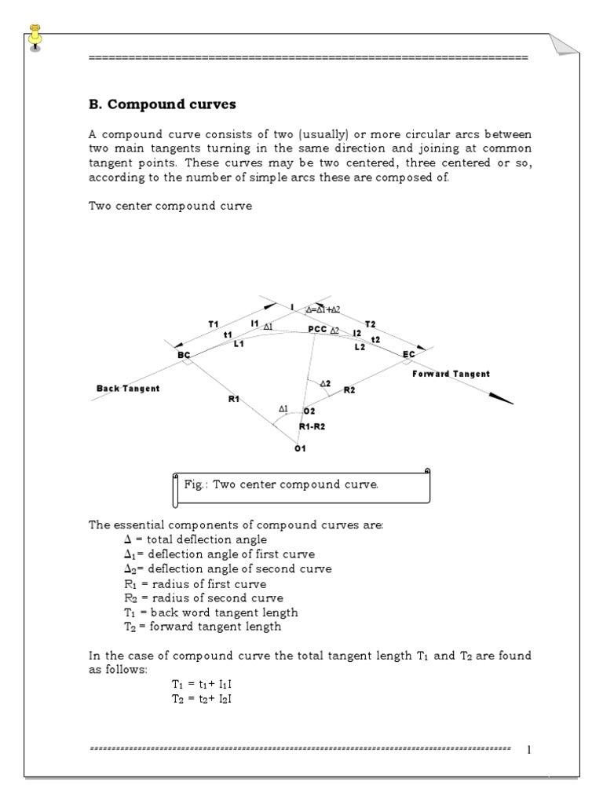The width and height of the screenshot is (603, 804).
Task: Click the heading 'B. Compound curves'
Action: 162,104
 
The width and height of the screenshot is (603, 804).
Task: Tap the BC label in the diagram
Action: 185,355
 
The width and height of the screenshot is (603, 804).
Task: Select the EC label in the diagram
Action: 408,355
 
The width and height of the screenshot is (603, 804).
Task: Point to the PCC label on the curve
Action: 317,330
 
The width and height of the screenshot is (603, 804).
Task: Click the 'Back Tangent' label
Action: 128,389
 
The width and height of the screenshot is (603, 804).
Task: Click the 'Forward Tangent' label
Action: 451,374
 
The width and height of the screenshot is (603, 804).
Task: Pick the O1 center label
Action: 299,448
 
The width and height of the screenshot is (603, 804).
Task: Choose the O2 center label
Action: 309,411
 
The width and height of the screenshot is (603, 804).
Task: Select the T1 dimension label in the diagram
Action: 214,323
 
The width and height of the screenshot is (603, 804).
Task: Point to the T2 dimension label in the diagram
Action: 371,323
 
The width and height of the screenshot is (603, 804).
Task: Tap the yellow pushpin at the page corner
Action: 35,35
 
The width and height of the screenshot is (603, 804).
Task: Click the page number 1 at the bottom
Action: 529,749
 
